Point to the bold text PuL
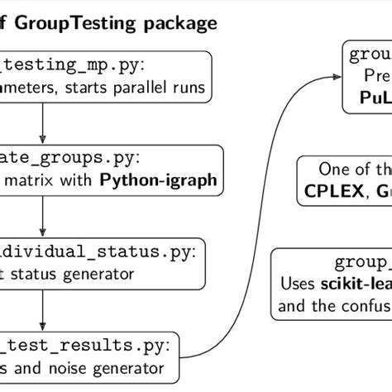click(371, 100)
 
